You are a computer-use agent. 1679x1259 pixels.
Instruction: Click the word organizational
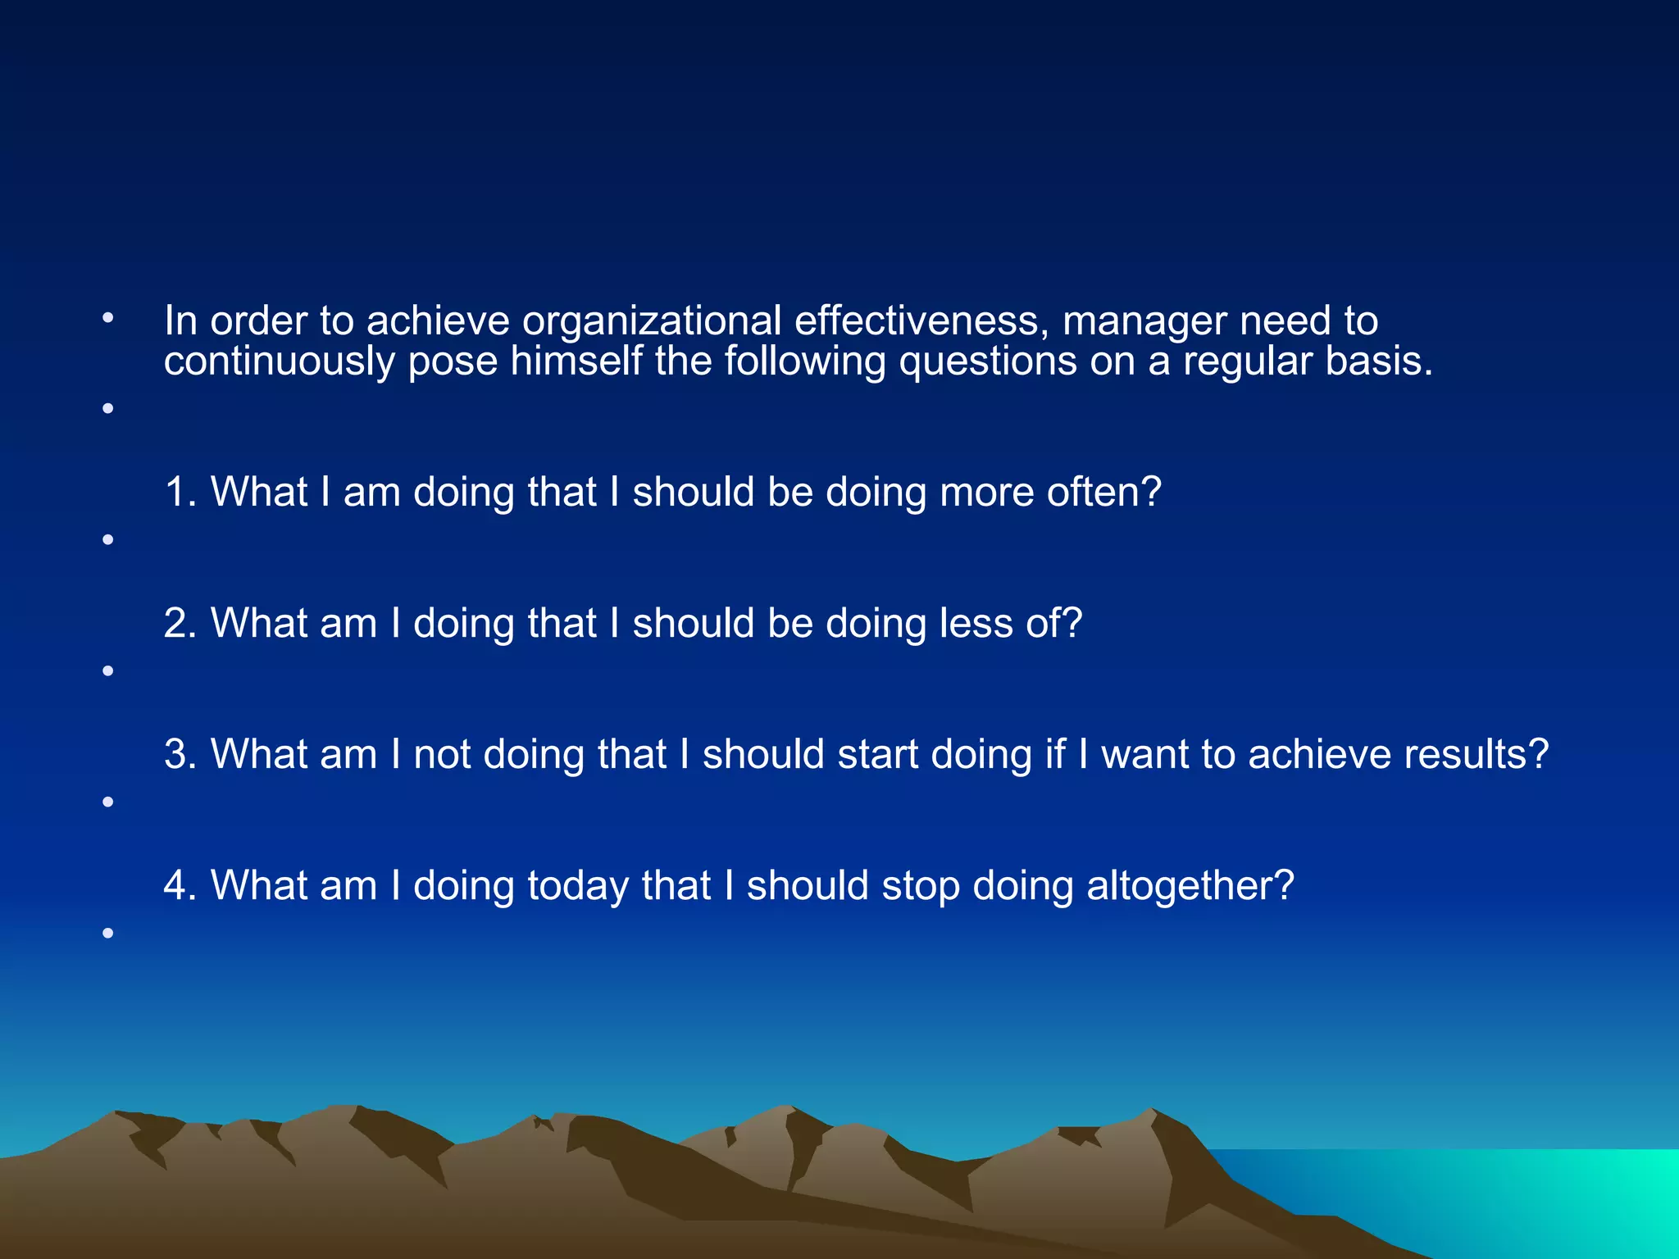651,320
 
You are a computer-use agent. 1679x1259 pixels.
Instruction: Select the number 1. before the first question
180,493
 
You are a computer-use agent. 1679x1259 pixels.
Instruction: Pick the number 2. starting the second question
180,624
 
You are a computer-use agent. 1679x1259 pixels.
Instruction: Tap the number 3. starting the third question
180,755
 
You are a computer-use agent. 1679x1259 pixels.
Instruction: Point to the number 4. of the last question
180,886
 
